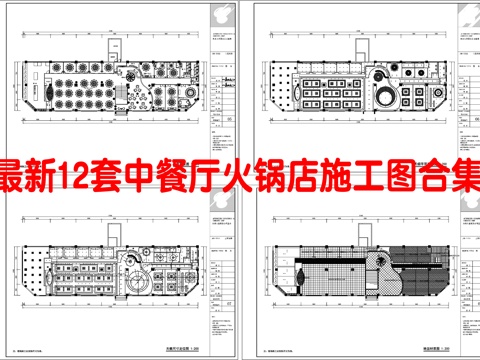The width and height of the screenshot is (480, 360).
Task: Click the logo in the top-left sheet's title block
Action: pyautogui.click(x=233, y=14)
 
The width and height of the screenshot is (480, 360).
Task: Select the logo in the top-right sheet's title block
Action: pyautogui.click(x=470, y=14)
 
